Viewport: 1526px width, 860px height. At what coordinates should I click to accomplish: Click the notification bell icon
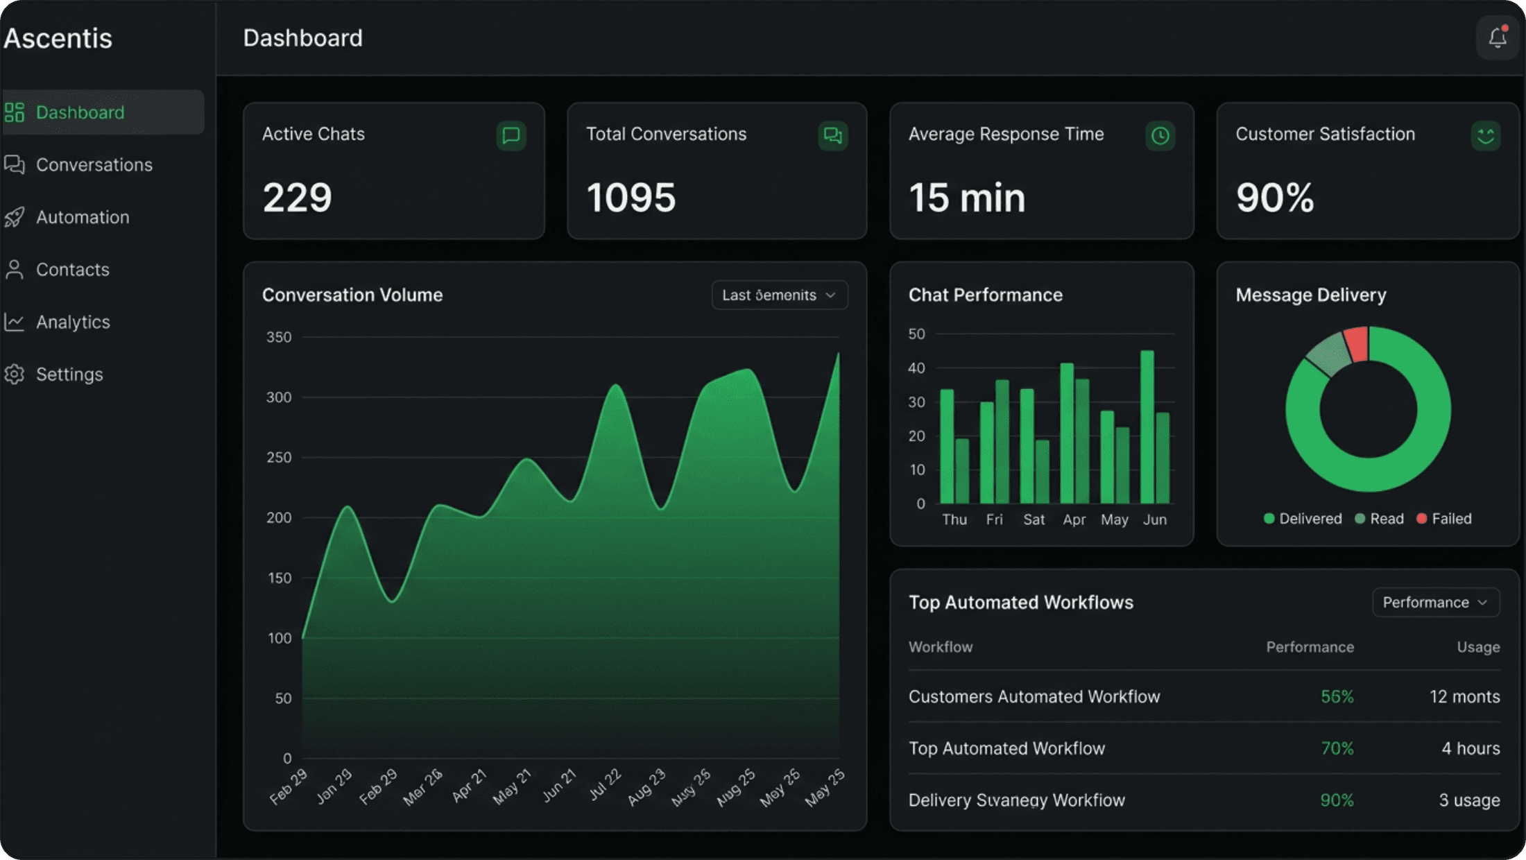click(1498, 38)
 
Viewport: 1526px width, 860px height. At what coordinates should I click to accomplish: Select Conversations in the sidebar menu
click(94, 165)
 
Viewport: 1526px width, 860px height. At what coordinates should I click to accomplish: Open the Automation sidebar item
click(82, 217)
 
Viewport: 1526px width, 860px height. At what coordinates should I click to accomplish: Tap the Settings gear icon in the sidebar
click(15, 375)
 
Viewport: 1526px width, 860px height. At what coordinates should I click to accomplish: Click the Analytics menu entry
click(73, 322)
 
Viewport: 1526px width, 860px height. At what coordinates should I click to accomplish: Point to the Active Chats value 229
click(297, 198)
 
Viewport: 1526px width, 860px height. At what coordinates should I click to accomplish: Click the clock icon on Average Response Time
click(1160, 136)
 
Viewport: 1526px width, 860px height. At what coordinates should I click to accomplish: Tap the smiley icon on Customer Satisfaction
click(1485, 136)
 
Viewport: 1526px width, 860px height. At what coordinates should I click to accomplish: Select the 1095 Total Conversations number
click(631, 198)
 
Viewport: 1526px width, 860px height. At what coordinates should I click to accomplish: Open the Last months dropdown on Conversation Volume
click(779, 295)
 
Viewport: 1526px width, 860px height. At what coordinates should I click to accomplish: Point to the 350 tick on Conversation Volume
click(279, 337)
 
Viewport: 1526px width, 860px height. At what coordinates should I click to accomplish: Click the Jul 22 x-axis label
click(604, 785)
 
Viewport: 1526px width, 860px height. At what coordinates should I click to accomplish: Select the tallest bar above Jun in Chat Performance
click(1147, 427)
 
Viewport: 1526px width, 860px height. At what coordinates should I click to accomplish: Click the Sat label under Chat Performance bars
click(1034, 519)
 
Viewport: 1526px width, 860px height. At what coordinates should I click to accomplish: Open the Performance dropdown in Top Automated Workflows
click(1435, 602)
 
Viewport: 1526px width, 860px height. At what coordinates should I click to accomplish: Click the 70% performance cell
click(1337, 748)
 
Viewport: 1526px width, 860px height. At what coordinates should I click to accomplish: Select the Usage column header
click(1478, 647)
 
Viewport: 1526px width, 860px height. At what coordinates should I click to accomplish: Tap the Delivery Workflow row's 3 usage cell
click(1468, 800)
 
